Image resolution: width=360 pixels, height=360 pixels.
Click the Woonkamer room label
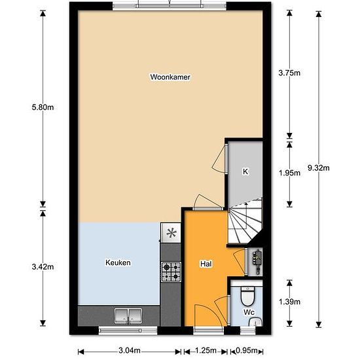point(170,77)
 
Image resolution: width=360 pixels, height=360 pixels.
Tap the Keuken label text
point(118,262)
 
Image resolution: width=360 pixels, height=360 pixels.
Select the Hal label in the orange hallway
point(206,264)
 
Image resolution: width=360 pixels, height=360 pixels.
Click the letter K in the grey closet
point(245,171)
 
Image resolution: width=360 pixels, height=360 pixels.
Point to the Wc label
point(249,312)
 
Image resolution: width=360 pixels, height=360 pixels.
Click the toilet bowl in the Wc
point(247,297)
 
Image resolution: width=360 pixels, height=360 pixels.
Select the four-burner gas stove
point(171,272)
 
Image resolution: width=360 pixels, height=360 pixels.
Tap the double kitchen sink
point(128,316)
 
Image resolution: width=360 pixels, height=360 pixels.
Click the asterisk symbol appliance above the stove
point(171,233)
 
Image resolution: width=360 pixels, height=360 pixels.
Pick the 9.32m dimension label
point(319,168)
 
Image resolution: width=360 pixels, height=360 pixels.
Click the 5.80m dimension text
point(43,107)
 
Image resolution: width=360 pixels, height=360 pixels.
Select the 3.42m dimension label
point(43,267)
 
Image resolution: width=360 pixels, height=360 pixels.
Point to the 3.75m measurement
point(289,73)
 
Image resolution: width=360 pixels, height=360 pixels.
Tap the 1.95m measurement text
point(289,173)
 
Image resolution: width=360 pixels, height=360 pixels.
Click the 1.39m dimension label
point(289,302)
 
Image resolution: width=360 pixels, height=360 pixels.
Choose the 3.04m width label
point(130,351)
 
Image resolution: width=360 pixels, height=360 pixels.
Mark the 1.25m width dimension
point(206,351)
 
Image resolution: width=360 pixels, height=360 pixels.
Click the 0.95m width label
point(247,351)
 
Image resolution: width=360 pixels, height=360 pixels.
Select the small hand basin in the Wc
point(255,322)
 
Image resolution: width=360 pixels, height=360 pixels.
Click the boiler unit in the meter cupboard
point(257,262)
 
